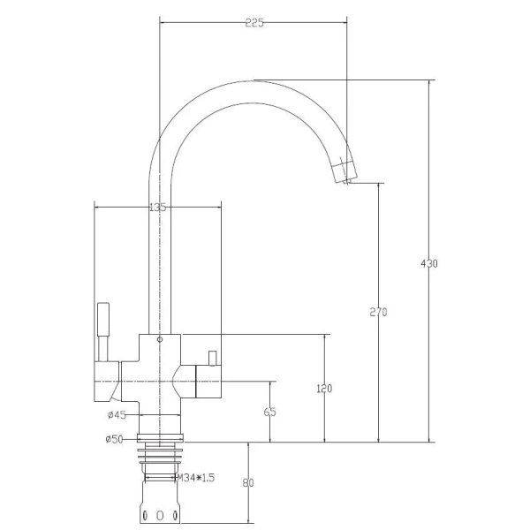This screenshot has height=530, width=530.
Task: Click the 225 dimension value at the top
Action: point(254,23)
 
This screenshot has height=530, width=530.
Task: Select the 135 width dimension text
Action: point(157,207)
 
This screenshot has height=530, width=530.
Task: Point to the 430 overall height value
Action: point(429,263)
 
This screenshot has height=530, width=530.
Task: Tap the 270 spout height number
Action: point(378,312)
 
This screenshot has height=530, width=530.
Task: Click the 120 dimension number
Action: point(324,389)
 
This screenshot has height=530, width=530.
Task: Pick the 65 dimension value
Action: point(269,412)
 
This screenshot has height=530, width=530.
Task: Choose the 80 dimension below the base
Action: point(248,483)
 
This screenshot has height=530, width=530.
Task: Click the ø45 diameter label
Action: point(117,415)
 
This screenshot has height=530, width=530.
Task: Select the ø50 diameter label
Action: point(114,439)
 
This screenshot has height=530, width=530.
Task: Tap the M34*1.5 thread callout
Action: point(196,478)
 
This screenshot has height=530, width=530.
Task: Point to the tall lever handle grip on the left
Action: point(103,319)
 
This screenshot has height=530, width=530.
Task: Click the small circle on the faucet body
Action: point(160,339)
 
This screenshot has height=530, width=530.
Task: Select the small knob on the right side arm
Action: point(212,359)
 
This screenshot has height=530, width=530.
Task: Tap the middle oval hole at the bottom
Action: point(160,516)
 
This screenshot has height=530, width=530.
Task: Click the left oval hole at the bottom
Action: point(145,516)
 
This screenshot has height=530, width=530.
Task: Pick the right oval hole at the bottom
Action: point(175,516)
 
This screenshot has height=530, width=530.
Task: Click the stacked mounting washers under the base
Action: point(160,457)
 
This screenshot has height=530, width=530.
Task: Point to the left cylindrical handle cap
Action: point(107,382)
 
